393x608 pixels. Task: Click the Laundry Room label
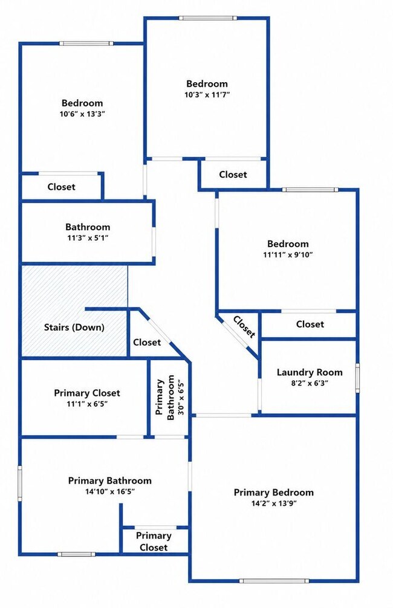click(310, 373)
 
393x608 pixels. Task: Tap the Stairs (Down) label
click(74, 327)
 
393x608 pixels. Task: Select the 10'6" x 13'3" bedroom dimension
click(83, 114)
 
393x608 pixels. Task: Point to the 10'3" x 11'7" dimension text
click(207, 95)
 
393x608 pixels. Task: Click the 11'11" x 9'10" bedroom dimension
click(288, 255)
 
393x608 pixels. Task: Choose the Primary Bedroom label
click(273, 493)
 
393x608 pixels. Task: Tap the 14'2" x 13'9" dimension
click(273, 503)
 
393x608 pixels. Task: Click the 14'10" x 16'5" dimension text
click(110, 492)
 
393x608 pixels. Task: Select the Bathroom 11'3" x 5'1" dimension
click(88, 238)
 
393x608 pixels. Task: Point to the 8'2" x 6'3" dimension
click(310, 384)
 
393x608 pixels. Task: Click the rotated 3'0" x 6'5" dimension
click(180, 397)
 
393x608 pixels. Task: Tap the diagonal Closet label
click(244, 327)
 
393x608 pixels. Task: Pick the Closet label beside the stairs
click(147, 343)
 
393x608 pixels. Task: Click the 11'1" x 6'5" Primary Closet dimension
click(87, 404)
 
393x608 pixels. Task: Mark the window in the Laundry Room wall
click(357, 378)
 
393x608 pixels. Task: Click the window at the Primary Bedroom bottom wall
click(274, 581)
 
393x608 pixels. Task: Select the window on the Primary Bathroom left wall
click(20, 483)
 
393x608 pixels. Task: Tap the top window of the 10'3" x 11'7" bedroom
click(207, 18)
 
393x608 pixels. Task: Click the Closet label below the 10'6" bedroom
click(61, 187)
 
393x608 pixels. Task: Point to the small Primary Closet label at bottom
click(154, 542)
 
